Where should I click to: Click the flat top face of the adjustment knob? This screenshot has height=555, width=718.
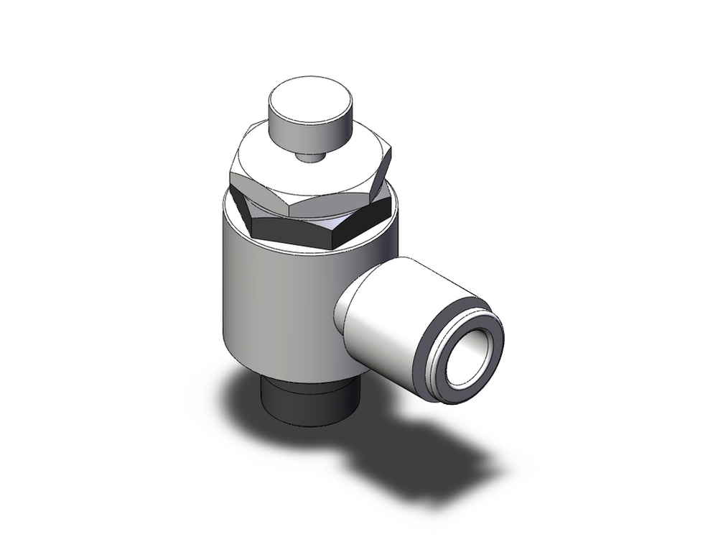[x=310, y=96]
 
